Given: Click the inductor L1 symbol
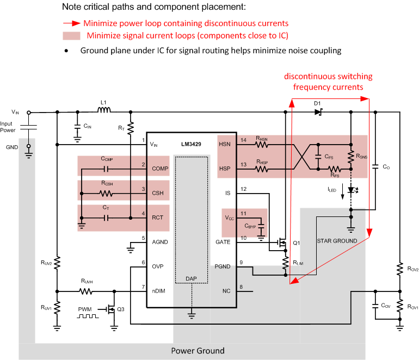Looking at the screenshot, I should (104, 113).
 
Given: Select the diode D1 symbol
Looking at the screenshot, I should (318, 113).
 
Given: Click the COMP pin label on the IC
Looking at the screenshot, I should (159, 169).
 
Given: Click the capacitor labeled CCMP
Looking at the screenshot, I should (107, 169).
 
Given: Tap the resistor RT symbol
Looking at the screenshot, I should (131, 130).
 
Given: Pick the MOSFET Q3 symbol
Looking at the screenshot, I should (112, 311).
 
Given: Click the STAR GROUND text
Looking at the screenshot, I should (337, 240).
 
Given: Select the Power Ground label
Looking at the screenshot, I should (198, 350).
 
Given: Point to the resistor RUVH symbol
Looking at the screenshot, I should (88, 291).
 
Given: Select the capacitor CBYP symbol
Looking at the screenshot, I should (261, 225).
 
